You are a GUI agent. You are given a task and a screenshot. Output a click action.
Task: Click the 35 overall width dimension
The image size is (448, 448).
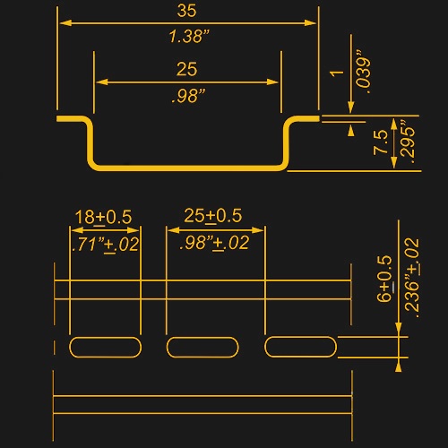coord(186,11)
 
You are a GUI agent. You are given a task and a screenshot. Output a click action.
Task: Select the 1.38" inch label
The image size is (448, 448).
coord(189,36)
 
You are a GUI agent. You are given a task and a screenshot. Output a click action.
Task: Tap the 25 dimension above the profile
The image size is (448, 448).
coord(186,69)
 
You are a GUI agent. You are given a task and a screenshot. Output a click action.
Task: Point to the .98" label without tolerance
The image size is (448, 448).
coord(189,96)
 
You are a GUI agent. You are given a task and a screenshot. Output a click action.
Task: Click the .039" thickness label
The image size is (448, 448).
coord(364,72)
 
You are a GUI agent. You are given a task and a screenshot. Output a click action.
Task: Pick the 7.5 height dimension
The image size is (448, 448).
coord(380,142)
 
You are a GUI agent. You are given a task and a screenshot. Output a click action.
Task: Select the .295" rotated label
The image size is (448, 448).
coord(408,142)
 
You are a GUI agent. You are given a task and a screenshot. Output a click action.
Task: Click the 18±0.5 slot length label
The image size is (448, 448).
coord(103,217)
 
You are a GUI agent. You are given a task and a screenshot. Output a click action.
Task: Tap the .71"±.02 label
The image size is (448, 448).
coord(106,245)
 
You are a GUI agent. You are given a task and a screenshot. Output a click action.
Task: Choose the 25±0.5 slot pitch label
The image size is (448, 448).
coord(212,216)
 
